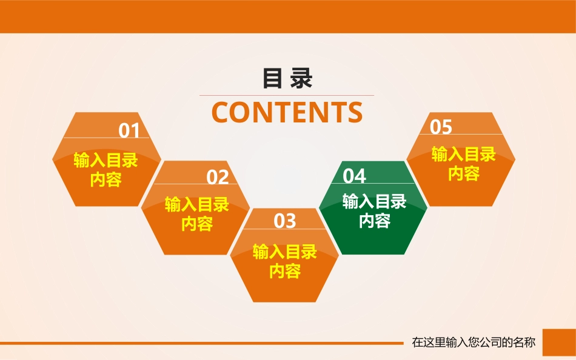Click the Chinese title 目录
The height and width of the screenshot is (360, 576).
point(287,78)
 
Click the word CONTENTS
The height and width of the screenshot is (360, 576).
point(287,112)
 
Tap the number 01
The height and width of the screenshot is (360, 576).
point(129,130)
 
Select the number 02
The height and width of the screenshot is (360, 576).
point(218,177)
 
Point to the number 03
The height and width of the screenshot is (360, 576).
point(285,221)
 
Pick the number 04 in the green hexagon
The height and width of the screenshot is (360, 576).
point(355,176)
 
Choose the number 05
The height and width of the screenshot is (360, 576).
point(441,127)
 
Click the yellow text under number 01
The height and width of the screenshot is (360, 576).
point(105,170)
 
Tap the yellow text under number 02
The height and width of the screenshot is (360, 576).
point(197,214)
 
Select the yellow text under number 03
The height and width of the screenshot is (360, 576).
point(285,262)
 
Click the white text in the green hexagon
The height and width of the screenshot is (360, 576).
point(374,212)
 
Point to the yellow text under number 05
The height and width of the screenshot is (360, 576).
point(464,164)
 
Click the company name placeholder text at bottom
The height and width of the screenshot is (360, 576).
point(474,342)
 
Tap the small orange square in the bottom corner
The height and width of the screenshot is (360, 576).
point(559,342)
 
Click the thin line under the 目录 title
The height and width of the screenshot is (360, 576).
point(287,96)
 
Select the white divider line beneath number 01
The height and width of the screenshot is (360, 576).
point(107,138)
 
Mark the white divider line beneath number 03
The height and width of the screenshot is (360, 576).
point(284,229)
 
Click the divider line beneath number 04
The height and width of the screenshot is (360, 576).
point(373,183)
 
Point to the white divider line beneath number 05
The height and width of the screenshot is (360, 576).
point(461,134)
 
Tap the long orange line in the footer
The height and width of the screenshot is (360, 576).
point(202,344)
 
